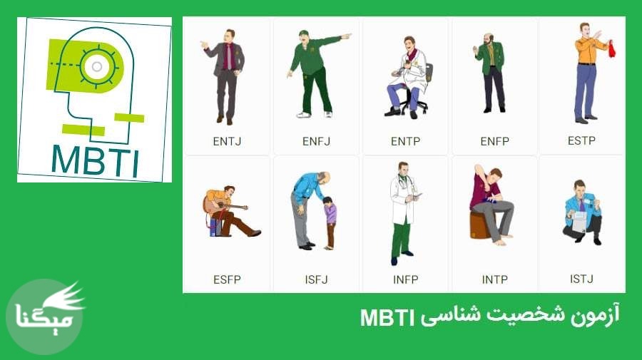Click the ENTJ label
pos(227,141)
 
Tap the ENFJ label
pos(316,141)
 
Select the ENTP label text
pos(405,141)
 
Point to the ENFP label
pos(494,141)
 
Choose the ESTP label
pos(581,140)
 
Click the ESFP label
pos(227,279)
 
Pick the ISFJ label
pos(315,279)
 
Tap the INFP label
pos(405,279)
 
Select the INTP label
pos(494,279)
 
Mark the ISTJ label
pos(581,279)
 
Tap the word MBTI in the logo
pos(96,160)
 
